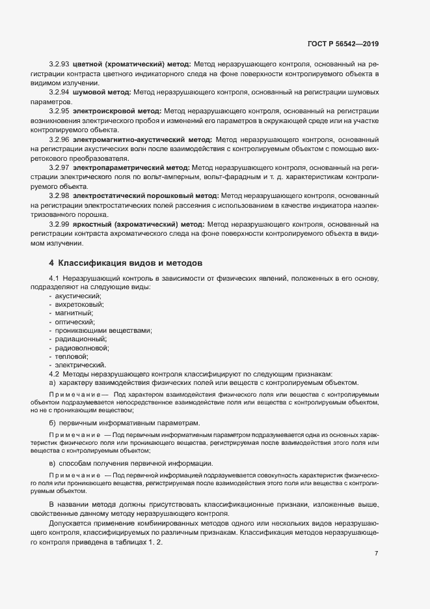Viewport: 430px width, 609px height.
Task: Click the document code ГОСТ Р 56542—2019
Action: click(343, 44)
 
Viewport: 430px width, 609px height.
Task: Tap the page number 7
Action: click(377, 554)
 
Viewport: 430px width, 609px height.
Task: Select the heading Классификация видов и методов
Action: click(131, 263)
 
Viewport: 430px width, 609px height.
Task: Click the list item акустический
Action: click(74, 296)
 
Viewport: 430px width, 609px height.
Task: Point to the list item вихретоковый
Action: click(79, 304)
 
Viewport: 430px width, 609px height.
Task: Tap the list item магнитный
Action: click(74, 313)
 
